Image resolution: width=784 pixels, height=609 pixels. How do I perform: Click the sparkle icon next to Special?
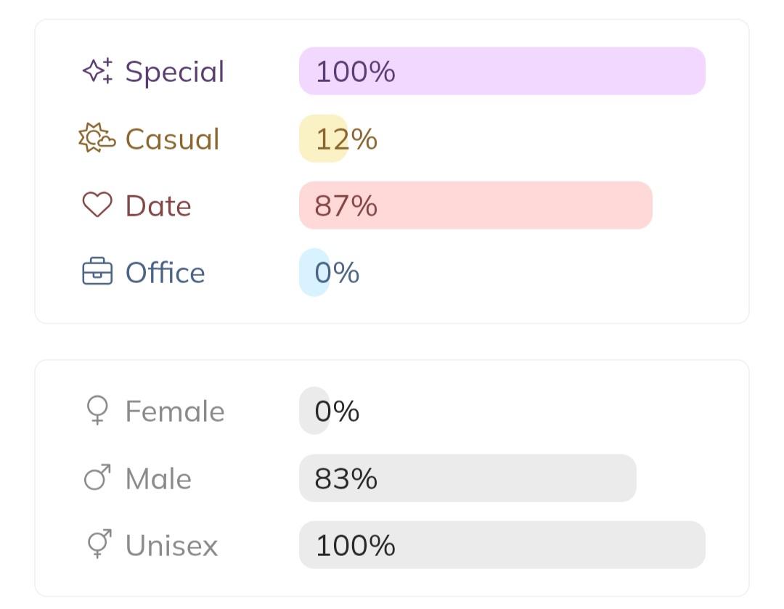(97, 71)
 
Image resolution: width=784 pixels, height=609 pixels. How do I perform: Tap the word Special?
(175, 72)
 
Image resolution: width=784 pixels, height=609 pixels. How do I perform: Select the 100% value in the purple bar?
(355, 72)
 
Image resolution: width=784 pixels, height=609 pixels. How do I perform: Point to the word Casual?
(172, 139)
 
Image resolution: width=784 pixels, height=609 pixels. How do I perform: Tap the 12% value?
(346, 139)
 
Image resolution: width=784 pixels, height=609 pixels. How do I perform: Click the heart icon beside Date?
(97, 205)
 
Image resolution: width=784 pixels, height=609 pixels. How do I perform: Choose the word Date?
(158, 206)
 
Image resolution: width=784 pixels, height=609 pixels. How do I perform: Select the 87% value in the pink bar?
(346, 206)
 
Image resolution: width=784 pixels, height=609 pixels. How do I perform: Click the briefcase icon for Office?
(97, 272)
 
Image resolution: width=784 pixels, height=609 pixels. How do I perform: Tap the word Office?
(165, 273)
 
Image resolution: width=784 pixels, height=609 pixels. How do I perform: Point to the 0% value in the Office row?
(337, 273)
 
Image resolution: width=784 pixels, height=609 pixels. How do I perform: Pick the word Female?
(175, 412)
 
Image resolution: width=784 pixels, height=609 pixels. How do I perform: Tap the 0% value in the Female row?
(337, 412)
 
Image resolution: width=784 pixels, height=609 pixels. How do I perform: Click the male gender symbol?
(97, 478)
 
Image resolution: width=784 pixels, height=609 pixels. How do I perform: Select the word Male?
(158, 479)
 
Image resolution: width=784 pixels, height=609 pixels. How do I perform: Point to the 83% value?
(346, 479)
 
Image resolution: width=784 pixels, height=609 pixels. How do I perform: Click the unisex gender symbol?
(98, 544)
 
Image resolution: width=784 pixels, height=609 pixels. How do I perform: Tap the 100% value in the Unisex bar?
(355, 545)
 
